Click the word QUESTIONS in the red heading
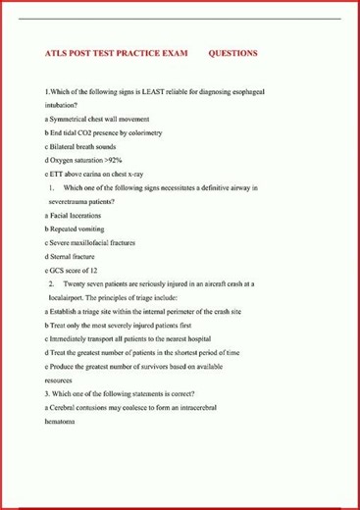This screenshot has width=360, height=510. click(233, 53)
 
